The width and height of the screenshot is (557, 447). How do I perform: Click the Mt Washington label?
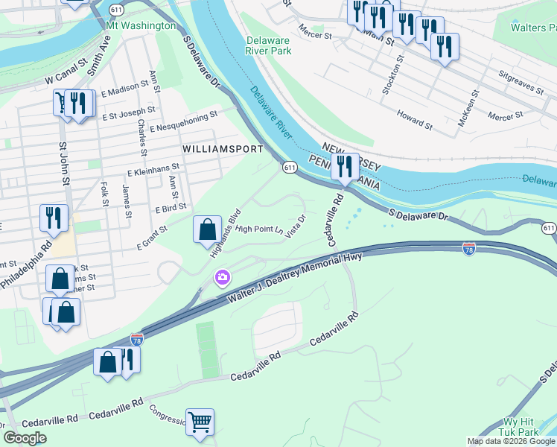coord(141,25)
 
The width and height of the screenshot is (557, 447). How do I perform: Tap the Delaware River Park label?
coord(268,45)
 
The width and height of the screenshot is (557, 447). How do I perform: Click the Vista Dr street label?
coord(296,226)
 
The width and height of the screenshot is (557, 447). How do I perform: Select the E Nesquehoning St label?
coord(182,121)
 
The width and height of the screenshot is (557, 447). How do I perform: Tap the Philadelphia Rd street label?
coord(27,264)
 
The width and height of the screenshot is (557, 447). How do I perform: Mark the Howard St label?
coord(415,119)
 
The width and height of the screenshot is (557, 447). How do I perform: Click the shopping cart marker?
coord(200,422)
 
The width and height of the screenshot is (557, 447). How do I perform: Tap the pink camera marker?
coord(223,279)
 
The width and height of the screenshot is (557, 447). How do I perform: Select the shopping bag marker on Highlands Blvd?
coord(207,229)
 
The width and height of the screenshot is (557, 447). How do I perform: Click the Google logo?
coord(25,438)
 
